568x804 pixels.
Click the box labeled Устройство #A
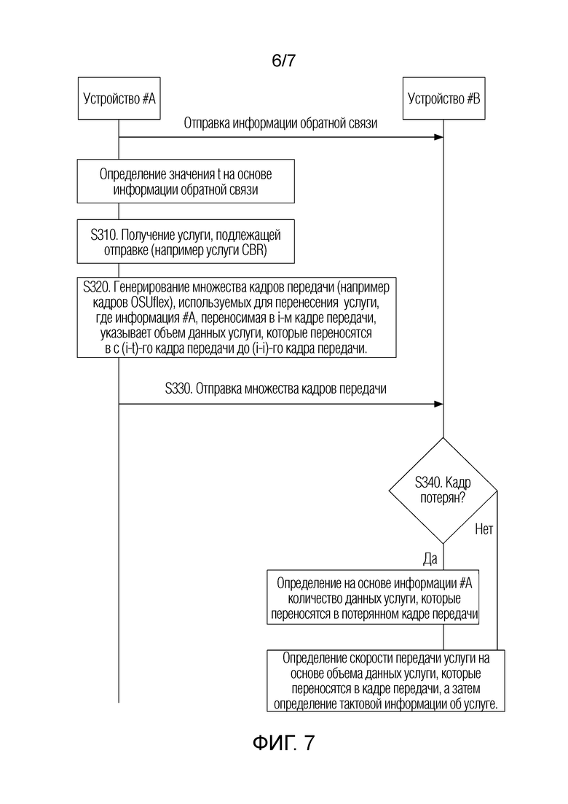pyautogui.click(x=119, y=98)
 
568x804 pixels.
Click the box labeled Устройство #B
pyautogui.click(x=443, y=98)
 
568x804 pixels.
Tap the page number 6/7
pyautogui.click(x=283, y=61)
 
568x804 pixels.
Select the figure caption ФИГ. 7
pyautogui.click(x=283, y=743)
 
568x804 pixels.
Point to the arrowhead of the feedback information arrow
pyautogui.click(x=439, y=138)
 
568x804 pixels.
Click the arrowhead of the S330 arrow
pyautogui.click(x=439, y=404)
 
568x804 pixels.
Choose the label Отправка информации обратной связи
pyautogui.click(x=280, y=123)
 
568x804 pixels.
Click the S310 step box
pyautogui.click(x=186, y=242)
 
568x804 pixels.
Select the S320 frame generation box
pyautogui.click(x=237, y=317)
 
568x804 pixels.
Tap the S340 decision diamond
pyautogui.click(x=443, y=491)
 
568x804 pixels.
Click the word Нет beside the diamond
pyautogui.click(x=484, y=528)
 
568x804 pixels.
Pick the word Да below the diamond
pyautogui.click(x=430, y=559)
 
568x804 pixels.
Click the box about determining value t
pyautogui.click(x=186, y=181)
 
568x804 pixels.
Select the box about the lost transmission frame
pyautogui.click(x=373, y=598)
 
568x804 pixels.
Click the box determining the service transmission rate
pyautogui.click(x=386, y=681)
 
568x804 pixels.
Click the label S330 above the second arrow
pyautogui.click(x=178, y=389)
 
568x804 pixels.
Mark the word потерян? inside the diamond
pyautogui.click(x=443, y=498)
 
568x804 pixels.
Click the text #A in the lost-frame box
pyautogui.click(x=466, y=583)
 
